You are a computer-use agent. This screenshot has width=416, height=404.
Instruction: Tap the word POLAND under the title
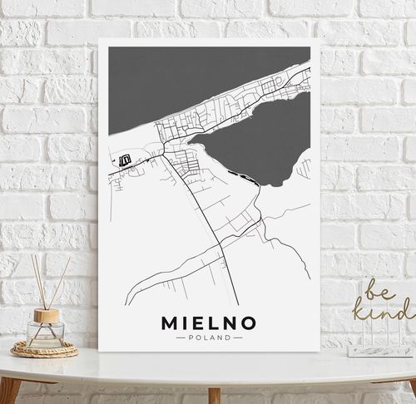click(x=209, y=337)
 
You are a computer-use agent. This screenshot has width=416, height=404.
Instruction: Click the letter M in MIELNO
click(x=166, y=321)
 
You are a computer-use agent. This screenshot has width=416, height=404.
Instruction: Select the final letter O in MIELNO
click(x=250, y=321)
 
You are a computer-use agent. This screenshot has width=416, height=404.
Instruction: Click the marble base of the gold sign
click(x=379, y=351)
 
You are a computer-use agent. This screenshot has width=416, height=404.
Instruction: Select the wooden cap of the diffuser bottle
click(x=46, y=316)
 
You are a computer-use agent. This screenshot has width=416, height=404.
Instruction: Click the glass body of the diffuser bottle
click(x=45, y=334)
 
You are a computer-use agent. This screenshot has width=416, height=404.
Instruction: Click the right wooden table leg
click(x=214, y=394)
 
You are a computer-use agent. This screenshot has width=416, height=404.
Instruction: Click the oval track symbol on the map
click(x=126, y=160)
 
